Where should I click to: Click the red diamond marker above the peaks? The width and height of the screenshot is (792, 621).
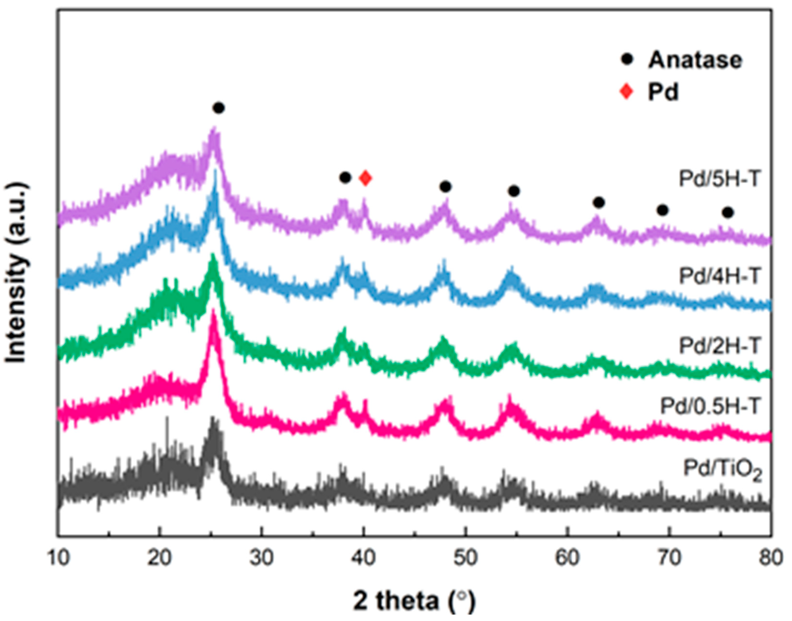(x=366, y=178)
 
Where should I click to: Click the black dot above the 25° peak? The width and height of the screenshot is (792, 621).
(x=218, y=108)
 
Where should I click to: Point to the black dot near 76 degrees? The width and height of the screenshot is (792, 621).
(x=728, y=213)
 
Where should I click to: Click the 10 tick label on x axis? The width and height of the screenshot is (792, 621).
(x=59, y=558)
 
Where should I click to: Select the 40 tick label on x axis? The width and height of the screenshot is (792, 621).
(x=364, y=558)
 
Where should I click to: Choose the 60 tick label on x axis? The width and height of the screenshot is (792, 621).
(x=568, y=558)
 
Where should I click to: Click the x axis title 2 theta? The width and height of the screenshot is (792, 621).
(x=414, y=601)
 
